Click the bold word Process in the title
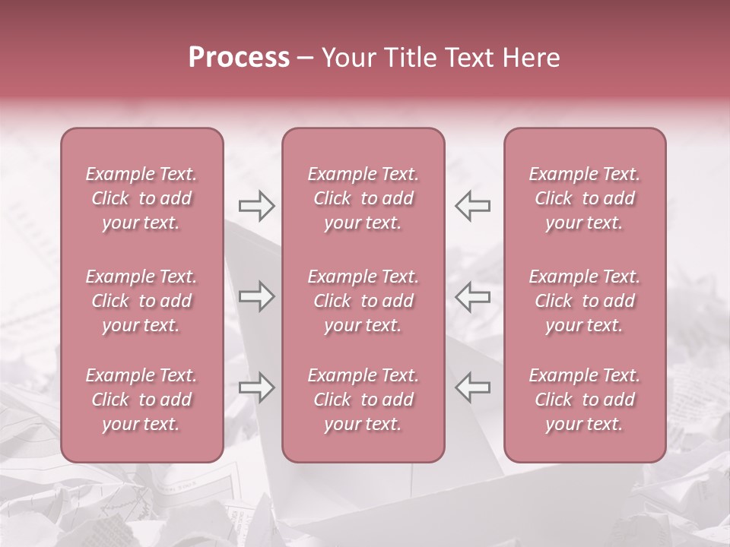point(239,58)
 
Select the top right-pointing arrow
point(256,206)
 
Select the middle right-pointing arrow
point(256,296)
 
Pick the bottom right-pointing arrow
point(256,387)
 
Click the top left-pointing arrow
point(472,206)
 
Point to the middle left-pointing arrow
point(472,296)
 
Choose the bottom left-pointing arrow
point(472,387)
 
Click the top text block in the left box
point(141,198)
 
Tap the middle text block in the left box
point(141,301)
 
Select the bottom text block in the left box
point(141,400)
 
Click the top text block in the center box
point(363,198)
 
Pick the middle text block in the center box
point(363,301)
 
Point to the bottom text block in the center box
point(363,400)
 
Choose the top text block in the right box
point(585,198)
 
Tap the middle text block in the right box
point(585,301)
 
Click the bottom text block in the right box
point(585,400)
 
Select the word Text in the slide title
point(468,58)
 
